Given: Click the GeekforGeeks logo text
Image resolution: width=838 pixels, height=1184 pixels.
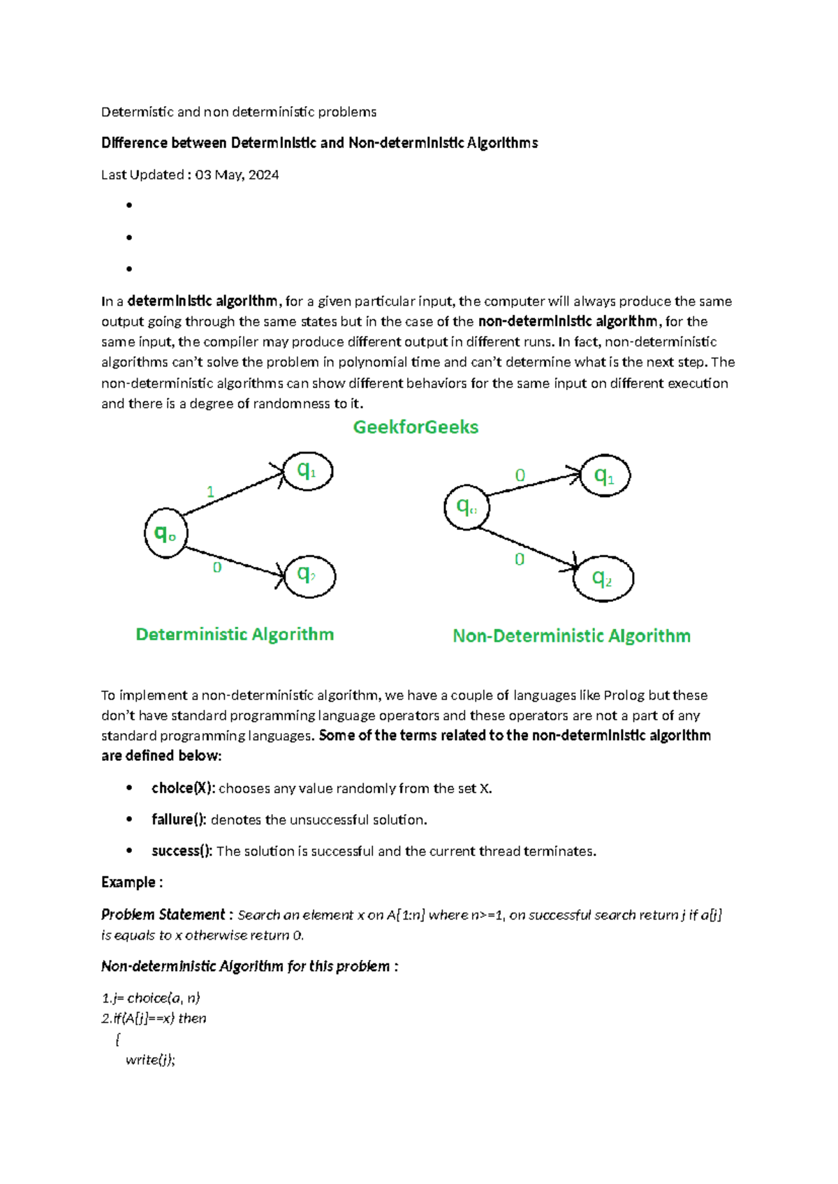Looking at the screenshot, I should click(416, 427).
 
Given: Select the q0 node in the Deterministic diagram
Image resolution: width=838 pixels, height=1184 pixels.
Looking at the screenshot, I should click(166, 534).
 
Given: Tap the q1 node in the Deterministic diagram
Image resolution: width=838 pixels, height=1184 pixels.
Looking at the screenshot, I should click(307, 471).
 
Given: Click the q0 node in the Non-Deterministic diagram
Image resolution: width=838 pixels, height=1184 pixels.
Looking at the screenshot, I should click(466, 508).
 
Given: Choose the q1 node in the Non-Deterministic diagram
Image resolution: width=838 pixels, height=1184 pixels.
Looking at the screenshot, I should click(605, 476).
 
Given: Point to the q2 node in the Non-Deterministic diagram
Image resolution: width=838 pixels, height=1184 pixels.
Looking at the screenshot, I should click(603, 579).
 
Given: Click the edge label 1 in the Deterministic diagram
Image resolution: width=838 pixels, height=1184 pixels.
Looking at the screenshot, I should click(210, 492).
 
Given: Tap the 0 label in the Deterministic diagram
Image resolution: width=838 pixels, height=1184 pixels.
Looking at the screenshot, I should click(217, 568).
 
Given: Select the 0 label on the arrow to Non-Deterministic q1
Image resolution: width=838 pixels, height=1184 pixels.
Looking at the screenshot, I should click(520, 475).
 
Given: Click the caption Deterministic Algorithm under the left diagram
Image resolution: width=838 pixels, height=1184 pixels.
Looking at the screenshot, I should click(235, 635).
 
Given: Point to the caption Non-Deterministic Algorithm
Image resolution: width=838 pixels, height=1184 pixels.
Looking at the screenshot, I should click(571, 636).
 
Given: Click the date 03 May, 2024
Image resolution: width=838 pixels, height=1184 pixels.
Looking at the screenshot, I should click(237, 175).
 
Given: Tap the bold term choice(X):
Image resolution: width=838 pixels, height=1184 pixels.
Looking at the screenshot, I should click(183, 788).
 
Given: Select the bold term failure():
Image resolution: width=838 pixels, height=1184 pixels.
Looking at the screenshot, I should click(179, 820).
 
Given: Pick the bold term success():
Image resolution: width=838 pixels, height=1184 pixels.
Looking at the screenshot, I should click(182, 851).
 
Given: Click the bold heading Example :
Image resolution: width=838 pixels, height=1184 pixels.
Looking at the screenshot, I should click(132, 882).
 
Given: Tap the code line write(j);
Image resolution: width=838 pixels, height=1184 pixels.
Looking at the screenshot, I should click(150, 1060).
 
